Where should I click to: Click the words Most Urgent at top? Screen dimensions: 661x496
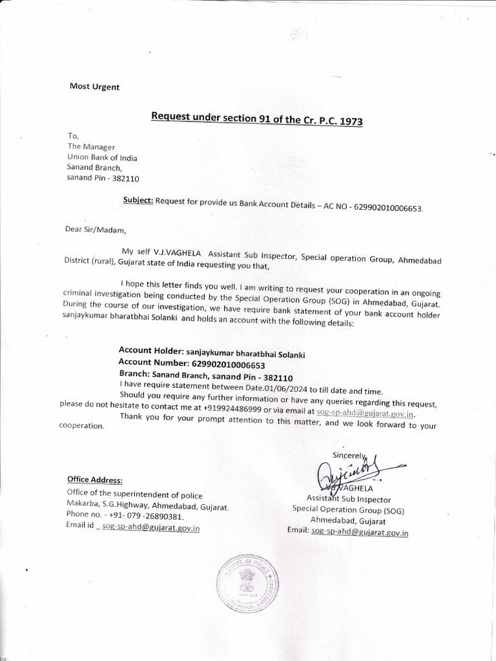point(94,87)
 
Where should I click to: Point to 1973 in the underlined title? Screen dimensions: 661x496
point(347,121)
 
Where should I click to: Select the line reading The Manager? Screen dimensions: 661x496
point(91,147)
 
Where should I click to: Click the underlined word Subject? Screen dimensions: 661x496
point(138,201)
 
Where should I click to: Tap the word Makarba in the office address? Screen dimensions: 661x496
point(83,505)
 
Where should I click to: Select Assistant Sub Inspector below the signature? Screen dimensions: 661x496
point(349,499)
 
